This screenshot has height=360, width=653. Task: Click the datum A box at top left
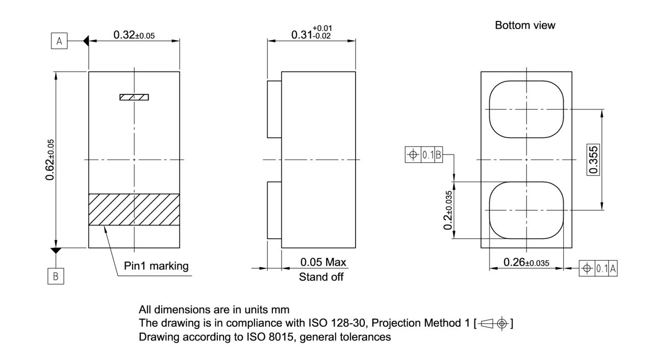click(x=59, y=41)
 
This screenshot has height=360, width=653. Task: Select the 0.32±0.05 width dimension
click(x=134, y=35)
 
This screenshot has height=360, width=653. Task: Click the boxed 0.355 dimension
click(x=593, y=160)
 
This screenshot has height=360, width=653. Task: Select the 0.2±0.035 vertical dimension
click(x=448, y=210)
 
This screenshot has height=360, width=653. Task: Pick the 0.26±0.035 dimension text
click(x=526, y=263)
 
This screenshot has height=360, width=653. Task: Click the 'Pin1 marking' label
click(x=156, y=266)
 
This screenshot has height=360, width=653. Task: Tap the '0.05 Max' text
click(x=323, y=263)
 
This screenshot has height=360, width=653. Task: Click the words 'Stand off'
click(x=321, y=277)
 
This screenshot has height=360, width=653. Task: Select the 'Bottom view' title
click(x=525, y=25)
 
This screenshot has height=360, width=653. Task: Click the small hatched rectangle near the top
click(x=134, y=97)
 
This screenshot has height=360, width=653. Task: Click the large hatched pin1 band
click(x=134, y=210)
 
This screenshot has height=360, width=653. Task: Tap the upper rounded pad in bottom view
click(x=526, y=109)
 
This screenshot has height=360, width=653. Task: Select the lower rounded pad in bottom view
click(x=526, y=210)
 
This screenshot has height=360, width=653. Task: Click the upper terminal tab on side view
click(x=274, y=109)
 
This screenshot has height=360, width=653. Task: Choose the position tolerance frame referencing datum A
click(x=598, y=269)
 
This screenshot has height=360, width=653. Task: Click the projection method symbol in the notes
click(x=494, y=323)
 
